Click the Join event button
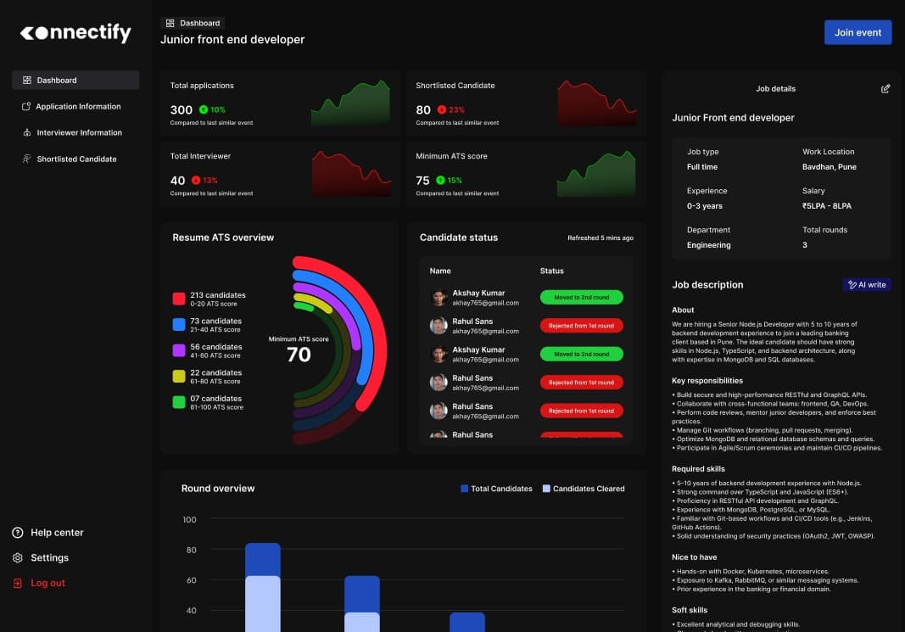click(x=858, y=32)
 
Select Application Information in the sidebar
click(x=77, y=107)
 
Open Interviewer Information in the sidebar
click(x=78, y=133)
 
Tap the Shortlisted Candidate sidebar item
click(x=75, y=159)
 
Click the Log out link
click(x=47, y=584)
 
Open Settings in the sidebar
click(x=49, y=558)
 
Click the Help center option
click(x=57, y=533)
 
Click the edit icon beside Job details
click(x=885, y=88)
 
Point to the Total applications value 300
click(x=182, y=109)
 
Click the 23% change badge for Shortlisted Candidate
click(x=451, y=109)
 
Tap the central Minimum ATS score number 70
click(x=299, y=355)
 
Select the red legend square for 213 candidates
click(x=179, y=299)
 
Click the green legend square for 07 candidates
click(x=179, y=402)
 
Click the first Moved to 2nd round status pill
click(x=581, y=298)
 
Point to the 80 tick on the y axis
click(x=190, y=550)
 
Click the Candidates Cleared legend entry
click(x=584, y=489)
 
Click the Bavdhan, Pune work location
click(x=830, y=167)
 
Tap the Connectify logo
click(x=75, y=33)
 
